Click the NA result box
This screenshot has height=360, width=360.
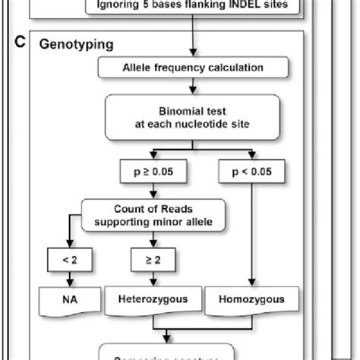point(68,300)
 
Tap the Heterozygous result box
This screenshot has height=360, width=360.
point(157,300)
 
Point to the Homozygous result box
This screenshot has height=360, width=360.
point(245,300)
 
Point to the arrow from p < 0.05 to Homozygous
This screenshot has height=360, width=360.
point(245,235)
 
